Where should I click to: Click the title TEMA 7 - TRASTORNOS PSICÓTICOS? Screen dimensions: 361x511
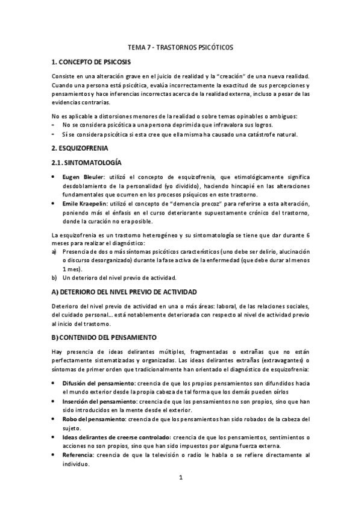click(x=180, y=46)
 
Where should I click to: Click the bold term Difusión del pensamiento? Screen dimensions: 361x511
click(x=99, y=383)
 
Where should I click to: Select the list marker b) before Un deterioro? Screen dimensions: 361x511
click(x=54, y=278)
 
